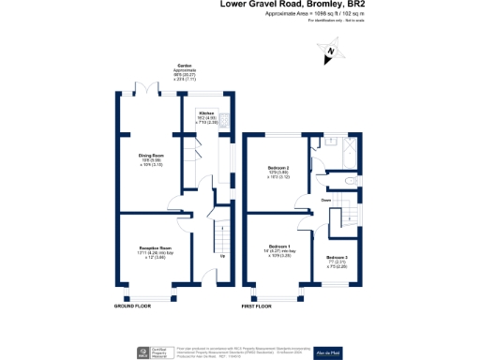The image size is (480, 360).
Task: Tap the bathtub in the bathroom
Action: coord(342,154)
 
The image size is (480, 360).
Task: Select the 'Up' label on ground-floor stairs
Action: coord(221,256)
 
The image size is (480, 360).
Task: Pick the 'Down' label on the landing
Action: coord(324,199)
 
